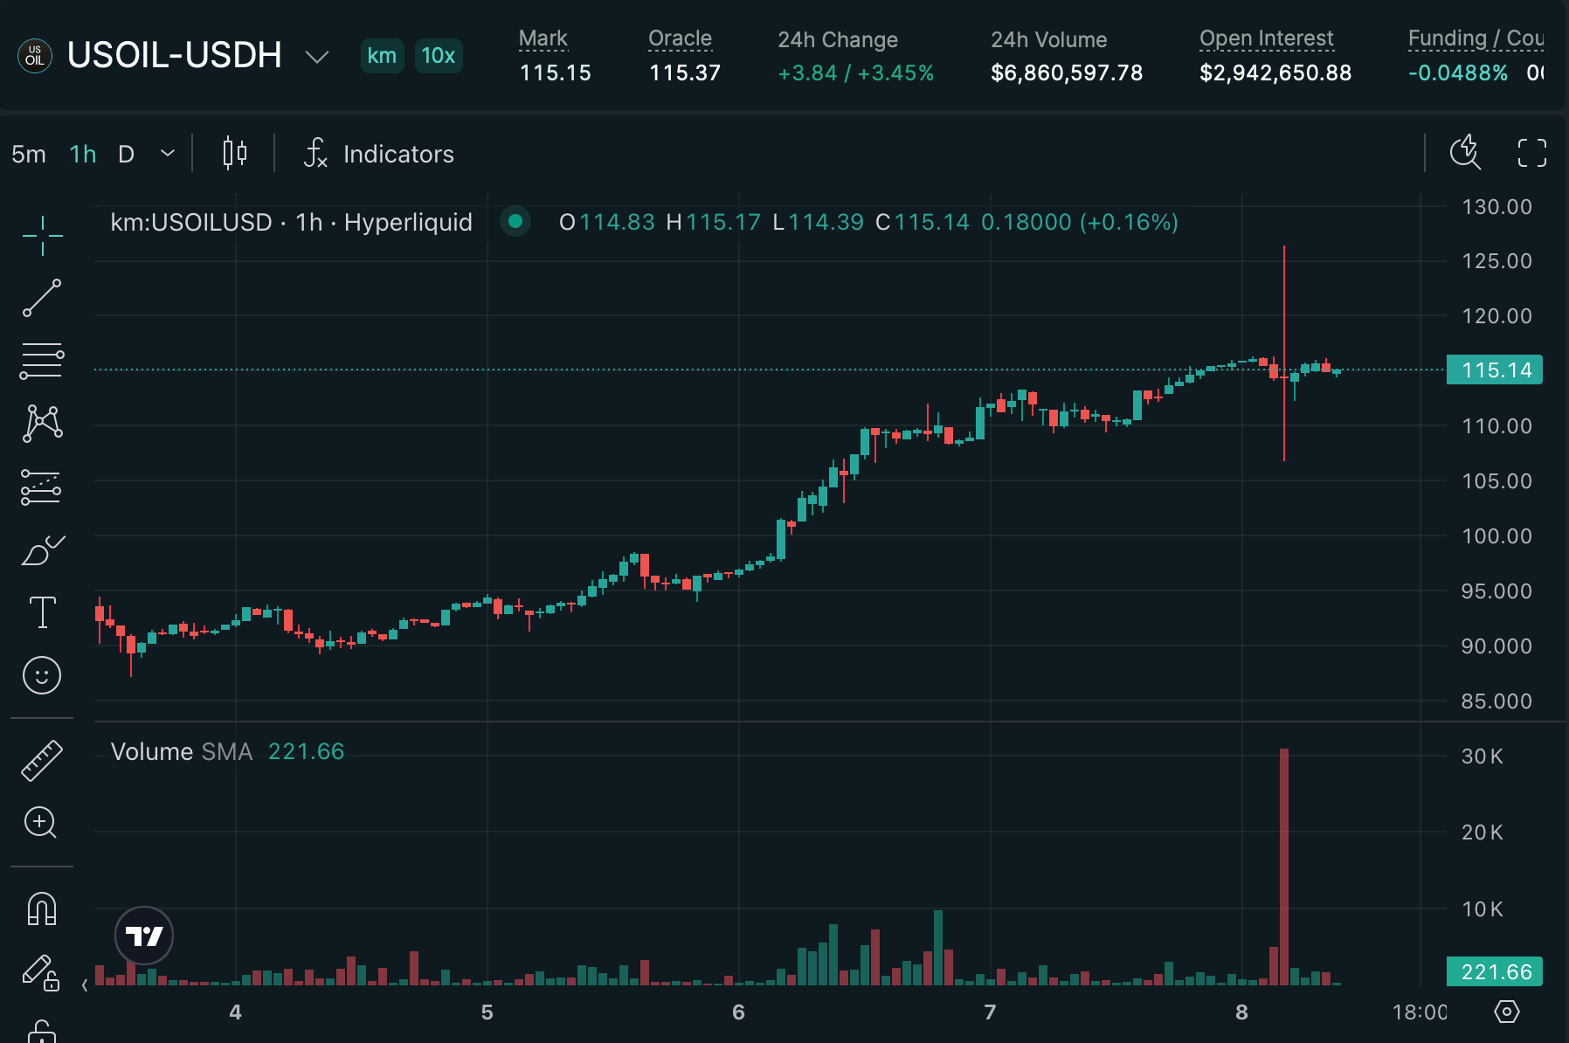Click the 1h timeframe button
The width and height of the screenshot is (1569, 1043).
pyautogui.click(x=83, y=155)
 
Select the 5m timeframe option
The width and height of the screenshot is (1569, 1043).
pyautogui.click(x=29, y=155)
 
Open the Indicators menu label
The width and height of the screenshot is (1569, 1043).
pyautogui.click(x=398, y=155)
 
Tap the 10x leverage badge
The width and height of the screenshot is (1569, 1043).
pyautogui.click(x=438, y=56)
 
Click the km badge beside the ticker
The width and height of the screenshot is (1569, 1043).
pyautogui.click(x=382, y=56)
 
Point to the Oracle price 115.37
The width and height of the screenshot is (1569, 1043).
pyautogui.click(x=684, y=73)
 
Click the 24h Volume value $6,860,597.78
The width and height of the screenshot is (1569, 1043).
pyautogui.click(x=1066, y=73)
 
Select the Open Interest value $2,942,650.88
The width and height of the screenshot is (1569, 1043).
pyautogui.click(x=1275, y=73)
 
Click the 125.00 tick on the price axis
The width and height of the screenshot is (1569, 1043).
pyautogui.click(x=1496, y=261)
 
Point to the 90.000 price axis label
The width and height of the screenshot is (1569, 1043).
pyautogui.click(x=1496, y=646)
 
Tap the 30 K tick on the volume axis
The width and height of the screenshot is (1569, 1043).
pyautogui.click(x=1483, y=756)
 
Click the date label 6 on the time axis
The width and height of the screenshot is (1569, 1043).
pyautogui.click(x=738, y=1012)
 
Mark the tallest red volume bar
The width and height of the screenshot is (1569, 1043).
pyautogui.click(x=1283, y=865)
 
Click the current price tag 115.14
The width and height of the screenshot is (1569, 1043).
pyautogui.click(x=1495, y=370)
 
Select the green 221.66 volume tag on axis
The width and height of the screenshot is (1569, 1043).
pyautogui.click(x=1495, y=972)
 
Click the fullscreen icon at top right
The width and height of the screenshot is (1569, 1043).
pyautogui.click(x=1531, y=154)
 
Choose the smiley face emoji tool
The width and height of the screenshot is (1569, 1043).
pyautogui.click(x=42, y=675)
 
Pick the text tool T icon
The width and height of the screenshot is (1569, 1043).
pyautogui.click(x=42, y=612)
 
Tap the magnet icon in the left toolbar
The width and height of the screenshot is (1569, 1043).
pyautogui.click(x=42, y=909)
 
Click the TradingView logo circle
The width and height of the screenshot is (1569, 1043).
pyautogui.click(x=144, y=936)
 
